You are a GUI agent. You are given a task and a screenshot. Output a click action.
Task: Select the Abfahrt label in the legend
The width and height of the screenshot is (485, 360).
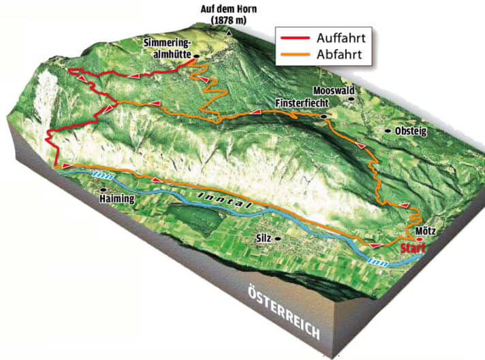click(336, 54)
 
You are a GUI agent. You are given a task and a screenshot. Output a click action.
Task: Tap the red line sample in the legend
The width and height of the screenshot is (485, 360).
click(294, 37)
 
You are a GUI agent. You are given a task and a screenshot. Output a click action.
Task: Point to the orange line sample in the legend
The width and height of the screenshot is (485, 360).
click(294, 54)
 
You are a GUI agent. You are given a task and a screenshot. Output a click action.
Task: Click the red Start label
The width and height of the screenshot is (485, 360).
click(413, 248)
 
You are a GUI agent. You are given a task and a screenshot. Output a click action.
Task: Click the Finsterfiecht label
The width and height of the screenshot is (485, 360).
click(302, 103)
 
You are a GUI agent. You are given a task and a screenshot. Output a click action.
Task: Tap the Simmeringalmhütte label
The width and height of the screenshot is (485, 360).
click(166, 49)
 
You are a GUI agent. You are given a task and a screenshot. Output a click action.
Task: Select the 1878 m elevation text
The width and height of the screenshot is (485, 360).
click(232, 21)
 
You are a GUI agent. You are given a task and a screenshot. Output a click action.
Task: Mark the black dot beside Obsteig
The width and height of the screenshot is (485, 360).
click(388, 131)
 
